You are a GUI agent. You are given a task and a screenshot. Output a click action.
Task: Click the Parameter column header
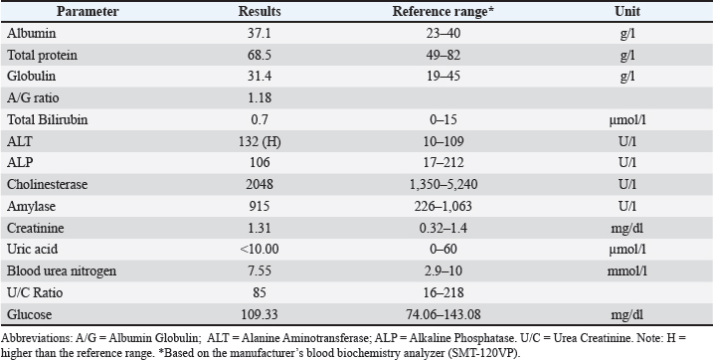88,11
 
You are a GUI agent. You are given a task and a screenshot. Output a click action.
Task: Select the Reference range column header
443,11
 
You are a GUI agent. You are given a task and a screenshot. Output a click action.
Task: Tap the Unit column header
627,11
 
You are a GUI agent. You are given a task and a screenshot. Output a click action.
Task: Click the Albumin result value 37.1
260,33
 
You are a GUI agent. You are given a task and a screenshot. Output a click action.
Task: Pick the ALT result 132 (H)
260,142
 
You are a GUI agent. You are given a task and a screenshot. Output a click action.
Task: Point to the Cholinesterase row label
48,185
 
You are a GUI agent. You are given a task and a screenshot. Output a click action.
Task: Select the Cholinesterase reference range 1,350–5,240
443,185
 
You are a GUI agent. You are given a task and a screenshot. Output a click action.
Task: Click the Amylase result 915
260,207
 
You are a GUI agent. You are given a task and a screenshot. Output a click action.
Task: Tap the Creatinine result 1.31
260,228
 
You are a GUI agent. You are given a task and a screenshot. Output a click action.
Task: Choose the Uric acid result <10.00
260,250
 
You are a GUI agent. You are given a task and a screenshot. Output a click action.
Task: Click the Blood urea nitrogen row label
62,271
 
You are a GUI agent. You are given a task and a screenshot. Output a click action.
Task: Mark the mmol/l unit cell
627,271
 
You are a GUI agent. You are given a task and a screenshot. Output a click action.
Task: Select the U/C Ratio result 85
260,292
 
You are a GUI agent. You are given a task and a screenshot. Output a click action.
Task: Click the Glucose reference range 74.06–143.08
443,314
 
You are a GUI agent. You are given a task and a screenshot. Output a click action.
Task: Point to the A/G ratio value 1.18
260,98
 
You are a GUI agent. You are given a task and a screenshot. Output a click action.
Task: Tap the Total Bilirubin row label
48,120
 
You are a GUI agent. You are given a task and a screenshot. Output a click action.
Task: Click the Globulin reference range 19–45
443,77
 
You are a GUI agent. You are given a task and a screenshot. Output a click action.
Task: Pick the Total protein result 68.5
260,55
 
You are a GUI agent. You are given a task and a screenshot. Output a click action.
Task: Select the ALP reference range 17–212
443,163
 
